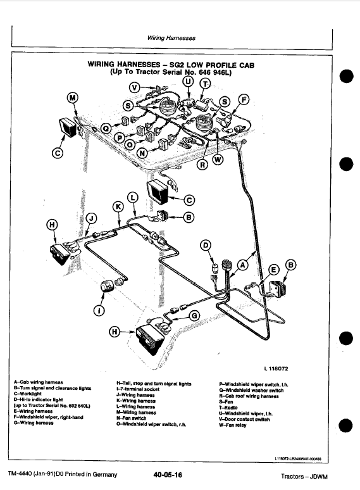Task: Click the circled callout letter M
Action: (73, 97)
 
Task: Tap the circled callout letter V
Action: (134, 87)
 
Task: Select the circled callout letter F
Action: (244, 99)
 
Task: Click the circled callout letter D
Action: (205, 246)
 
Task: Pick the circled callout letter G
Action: (195, 315)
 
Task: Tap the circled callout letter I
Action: (97, 310)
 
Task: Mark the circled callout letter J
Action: (92, 218)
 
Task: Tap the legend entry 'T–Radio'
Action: (228, 407)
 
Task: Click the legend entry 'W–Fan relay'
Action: (232, 425)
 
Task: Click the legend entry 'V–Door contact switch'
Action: (244, 419)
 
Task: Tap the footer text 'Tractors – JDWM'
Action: (306, 475)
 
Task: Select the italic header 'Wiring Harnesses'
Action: (171, 39)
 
